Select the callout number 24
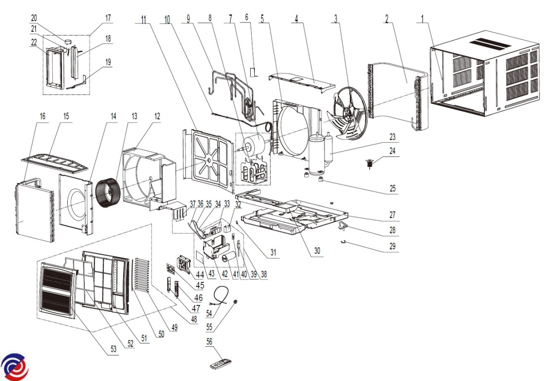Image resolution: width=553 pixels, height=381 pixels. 392,151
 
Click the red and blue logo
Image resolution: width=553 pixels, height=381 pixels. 14,367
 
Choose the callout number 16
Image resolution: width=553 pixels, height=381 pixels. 42,116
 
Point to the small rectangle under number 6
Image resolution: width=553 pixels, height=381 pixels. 253,72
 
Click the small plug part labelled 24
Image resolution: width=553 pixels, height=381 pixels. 370,163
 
